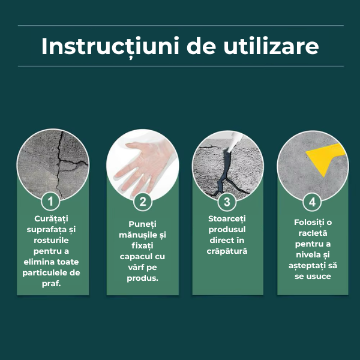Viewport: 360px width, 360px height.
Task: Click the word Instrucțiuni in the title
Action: click(x=110, y=47)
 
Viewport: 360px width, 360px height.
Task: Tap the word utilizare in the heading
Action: click(x=271, y=46)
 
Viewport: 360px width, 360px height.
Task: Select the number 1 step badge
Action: click(x=50, y=202)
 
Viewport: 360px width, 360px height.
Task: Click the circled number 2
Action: click(x=143, y=202)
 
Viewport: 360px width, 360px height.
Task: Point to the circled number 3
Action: click(x=227, y=202)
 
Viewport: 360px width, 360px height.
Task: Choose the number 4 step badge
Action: click(x=312, y=202)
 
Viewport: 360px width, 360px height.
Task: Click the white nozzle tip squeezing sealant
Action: click(x=234, y=142)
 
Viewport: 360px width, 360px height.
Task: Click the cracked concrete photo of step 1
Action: click(x=53, y=164)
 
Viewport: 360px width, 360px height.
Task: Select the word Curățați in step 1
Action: click(x=51, y=219)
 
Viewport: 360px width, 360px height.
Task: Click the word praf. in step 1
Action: click(x=51, y=284)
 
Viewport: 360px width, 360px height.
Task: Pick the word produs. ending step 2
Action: click(x=143, y=278)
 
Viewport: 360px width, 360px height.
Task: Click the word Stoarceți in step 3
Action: click(x=227, y=219)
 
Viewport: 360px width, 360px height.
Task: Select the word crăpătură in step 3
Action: click(x=227, y=251)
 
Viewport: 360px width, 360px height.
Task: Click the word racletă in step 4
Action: click(x=313, y=233)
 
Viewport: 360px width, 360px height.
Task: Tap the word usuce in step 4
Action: click(x=319, y=277)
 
